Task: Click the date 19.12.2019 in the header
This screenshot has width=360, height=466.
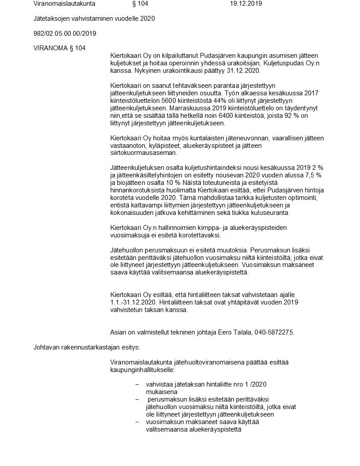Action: pos(246,4)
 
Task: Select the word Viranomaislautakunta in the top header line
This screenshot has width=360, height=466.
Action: pos(64,4)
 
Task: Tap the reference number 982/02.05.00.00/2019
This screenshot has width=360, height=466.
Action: pos(65,34)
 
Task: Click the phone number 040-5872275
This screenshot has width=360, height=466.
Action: pos(274,332)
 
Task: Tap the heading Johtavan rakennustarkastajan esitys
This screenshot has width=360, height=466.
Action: pos(86,347)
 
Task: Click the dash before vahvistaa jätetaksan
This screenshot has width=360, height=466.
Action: pos(137,384)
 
